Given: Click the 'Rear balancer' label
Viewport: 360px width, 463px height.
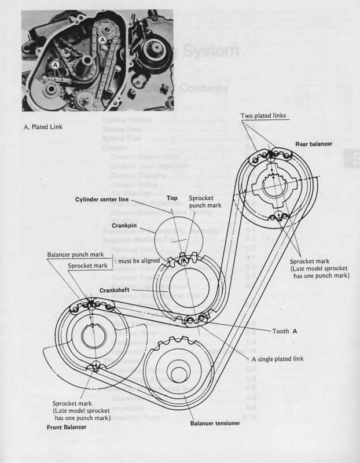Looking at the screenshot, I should coord(316,144).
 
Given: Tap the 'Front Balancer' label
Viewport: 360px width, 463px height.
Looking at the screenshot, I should coord(67,427).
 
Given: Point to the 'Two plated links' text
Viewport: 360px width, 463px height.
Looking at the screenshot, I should coord(263,116).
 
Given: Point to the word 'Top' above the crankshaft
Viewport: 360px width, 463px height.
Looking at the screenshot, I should coord(171,197).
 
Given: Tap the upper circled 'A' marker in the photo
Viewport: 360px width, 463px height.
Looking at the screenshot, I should coord(102,39).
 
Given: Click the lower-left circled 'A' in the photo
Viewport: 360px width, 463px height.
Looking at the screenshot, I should coord(56,66).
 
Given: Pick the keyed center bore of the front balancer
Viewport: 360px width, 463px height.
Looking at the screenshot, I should coord(92,336).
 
